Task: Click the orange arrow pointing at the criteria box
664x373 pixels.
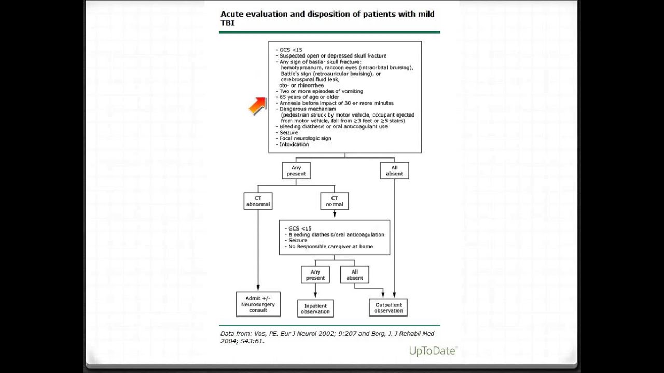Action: [257, 106]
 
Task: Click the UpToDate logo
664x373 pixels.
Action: [433, 351]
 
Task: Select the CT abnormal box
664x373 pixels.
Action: [258, 201]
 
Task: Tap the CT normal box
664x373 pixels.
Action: [335, 201]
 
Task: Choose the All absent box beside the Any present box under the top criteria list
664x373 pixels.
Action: [395, 170]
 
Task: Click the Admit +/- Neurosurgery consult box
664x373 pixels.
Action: [258, 304]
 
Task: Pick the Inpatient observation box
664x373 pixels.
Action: [315, 308]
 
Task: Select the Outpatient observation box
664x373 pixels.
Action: [389, 308]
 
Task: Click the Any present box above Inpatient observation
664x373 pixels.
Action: [315, 275]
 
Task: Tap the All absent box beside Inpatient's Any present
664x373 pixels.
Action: [354, 275]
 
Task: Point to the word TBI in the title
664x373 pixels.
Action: [227, 23]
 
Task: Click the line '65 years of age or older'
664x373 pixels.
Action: [309, 97]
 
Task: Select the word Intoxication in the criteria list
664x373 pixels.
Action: [294, 145]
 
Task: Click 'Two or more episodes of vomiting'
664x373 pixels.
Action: [321, 91]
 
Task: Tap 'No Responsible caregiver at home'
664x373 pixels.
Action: [331, 246]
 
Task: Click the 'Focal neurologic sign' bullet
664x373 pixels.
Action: [306, 138]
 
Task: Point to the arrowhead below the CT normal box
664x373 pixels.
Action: [335, 214]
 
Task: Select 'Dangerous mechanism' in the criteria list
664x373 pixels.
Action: [308, 109]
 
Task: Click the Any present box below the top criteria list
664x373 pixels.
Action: [296, 170]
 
